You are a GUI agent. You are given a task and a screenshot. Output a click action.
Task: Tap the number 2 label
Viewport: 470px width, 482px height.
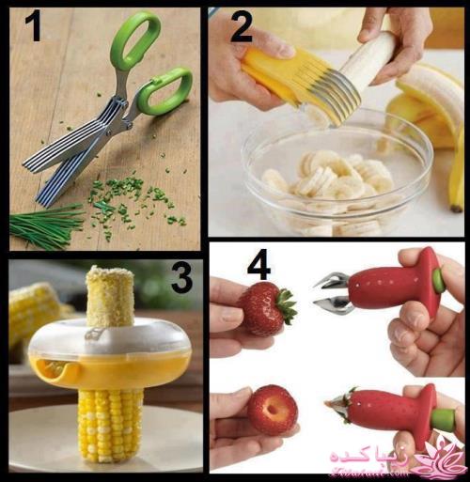(x=241, y=26)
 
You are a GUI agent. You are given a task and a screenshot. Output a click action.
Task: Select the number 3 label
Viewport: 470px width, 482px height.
(x=181, y=277)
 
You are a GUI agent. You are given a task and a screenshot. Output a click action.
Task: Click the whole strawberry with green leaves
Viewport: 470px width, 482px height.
(x=264, y=308)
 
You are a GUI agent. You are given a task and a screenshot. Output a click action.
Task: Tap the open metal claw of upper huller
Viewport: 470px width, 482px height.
(x=332, y=291)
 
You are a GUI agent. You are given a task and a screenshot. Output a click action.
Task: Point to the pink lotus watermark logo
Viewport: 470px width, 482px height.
(x=443, y=460)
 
